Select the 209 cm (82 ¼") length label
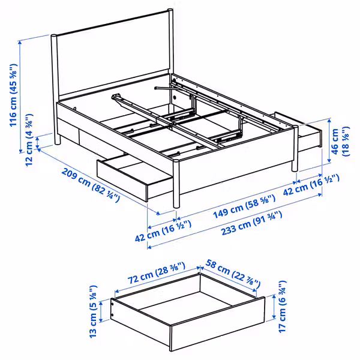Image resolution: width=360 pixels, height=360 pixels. (x=90, y=185)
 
